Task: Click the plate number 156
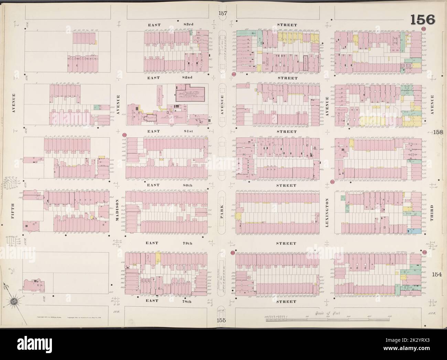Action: (423, 20)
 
